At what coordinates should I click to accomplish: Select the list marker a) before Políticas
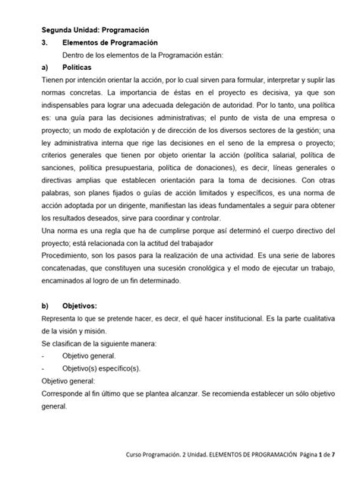tap(45, 68)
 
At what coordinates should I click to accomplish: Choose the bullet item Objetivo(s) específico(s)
tap(99, 368)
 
